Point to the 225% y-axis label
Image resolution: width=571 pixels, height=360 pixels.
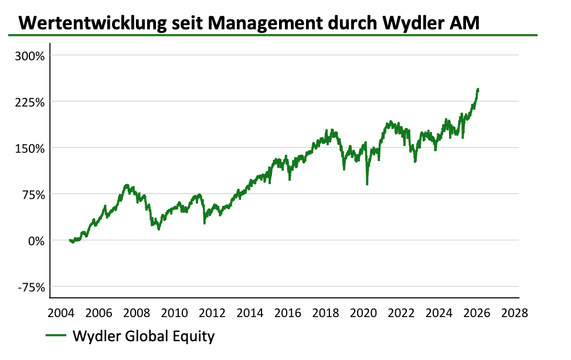coord(29,102)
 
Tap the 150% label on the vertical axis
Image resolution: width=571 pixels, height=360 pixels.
coord(29,148)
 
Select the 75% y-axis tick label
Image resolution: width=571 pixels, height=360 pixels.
coord(32,195)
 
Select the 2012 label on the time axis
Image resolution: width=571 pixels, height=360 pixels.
coord(213,313)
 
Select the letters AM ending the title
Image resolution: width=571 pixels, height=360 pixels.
coord(466,23)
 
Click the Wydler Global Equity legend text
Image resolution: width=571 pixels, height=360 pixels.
coord(144,337)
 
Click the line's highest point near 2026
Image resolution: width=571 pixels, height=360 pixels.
coord(478,89)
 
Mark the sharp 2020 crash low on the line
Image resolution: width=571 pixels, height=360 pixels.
coord(367,184)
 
